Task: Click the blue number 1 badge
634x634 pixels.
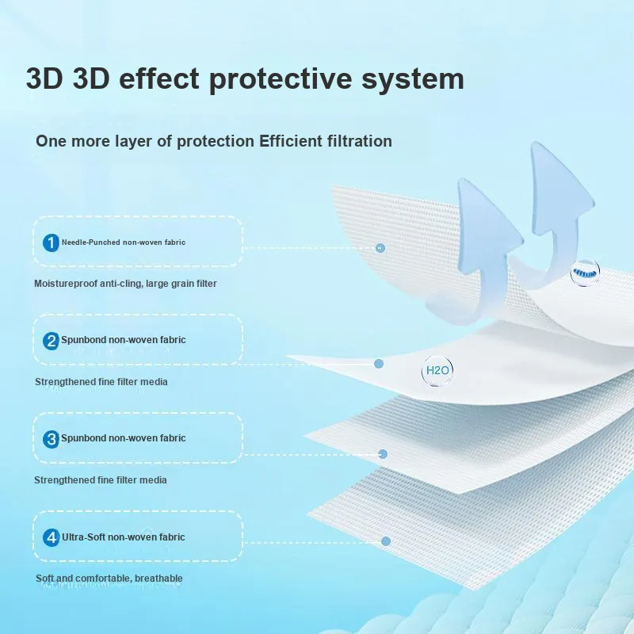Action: (x=51, y=243)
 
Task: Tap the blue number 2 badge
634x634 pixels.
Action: (x=51, y=341)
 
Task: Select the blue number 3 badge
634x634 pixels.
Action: (x=51, y=439)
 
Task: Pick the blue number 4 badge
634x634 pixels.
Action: (x=51, y=538)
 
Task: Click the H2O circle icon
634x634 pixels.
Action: (x=437, y=371)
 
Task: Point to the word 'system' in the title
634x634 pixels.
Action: (x=412, y=79)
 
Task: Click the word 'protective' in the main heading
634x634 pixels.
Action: (x=281, y=78)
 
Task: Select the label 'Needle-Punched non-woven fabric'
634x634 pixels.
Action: (x=124, y=243)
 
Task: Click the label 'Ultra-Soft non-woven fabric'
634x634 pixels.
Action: (x=124, y=537)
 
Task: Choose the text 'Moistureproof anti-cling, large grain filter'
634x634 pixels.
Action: (x=125, y=284)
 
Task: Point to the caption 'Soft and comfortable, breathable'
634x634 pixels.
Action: (x=109, y=579)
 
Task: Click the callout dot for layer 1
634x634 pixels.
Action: (x=380, y=248)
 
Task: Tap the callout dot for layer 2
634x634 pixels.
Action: (x=379, y=364)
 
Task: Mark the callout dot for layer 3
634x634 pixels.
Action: (x=383, y=454)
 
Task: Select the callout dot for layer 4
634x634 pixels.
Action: (x=386, y=541)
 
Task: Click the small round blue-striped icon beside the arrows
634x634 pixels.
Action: (x=585, y=273)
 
